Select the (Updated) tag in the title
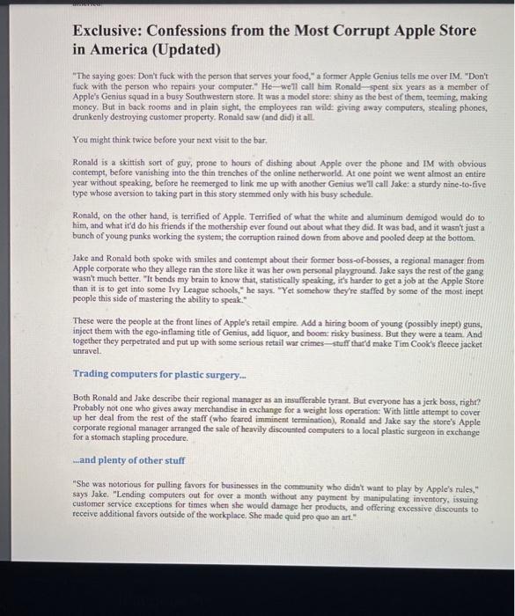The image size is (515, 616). pyautogui.click(x=184, y=49)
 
